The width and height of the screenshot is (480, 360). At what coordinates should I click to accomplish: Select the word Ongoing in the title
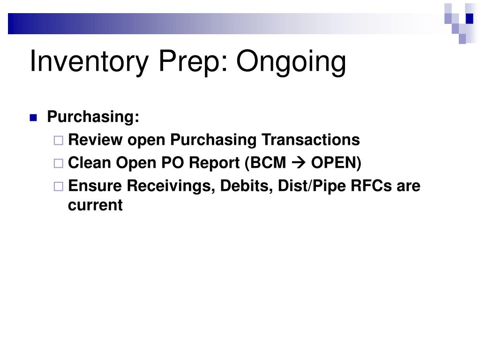pyautogui.click(x=291, y=62)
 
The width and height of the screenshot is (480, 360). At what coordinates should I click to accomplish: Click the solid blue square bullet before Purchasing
pyautogui.click(x=33, y=118)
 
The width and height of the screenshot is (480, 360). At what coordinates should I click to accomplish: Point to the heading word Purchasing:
pyautogui.click(x=93, y=117)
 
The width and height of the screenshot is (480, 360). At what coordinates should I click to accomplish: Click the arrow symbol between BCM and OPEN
pyautogui.click(x=299, y=163)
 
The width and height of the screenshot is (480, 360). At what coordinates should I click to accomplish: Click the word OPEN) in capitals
pyautogui.click(x=337, y=163)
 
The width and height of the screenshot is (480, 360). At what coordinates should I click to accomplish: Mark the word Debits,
pyautogui.click(x=247, y=186)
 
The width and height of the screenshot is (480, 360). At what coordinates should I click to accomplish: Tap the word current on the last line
pyautogui.click(x=95, y=205)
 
